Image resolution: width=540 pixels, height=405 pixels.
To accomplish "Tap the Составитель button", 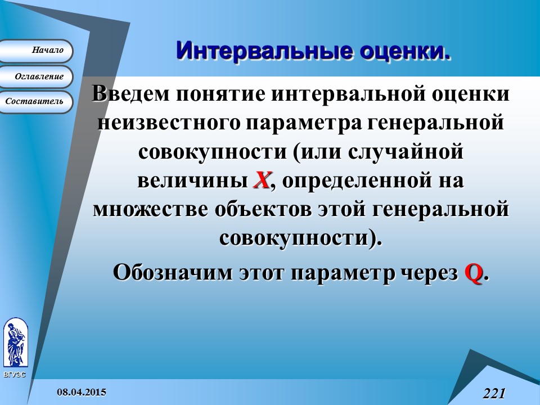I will tap(36, 102).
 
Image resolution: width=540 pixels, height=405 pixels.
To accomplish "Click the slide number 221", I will tap(494, 393).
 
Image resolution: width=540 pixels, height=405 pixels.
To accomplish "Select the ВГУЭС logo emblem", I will tap(15, 343).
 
